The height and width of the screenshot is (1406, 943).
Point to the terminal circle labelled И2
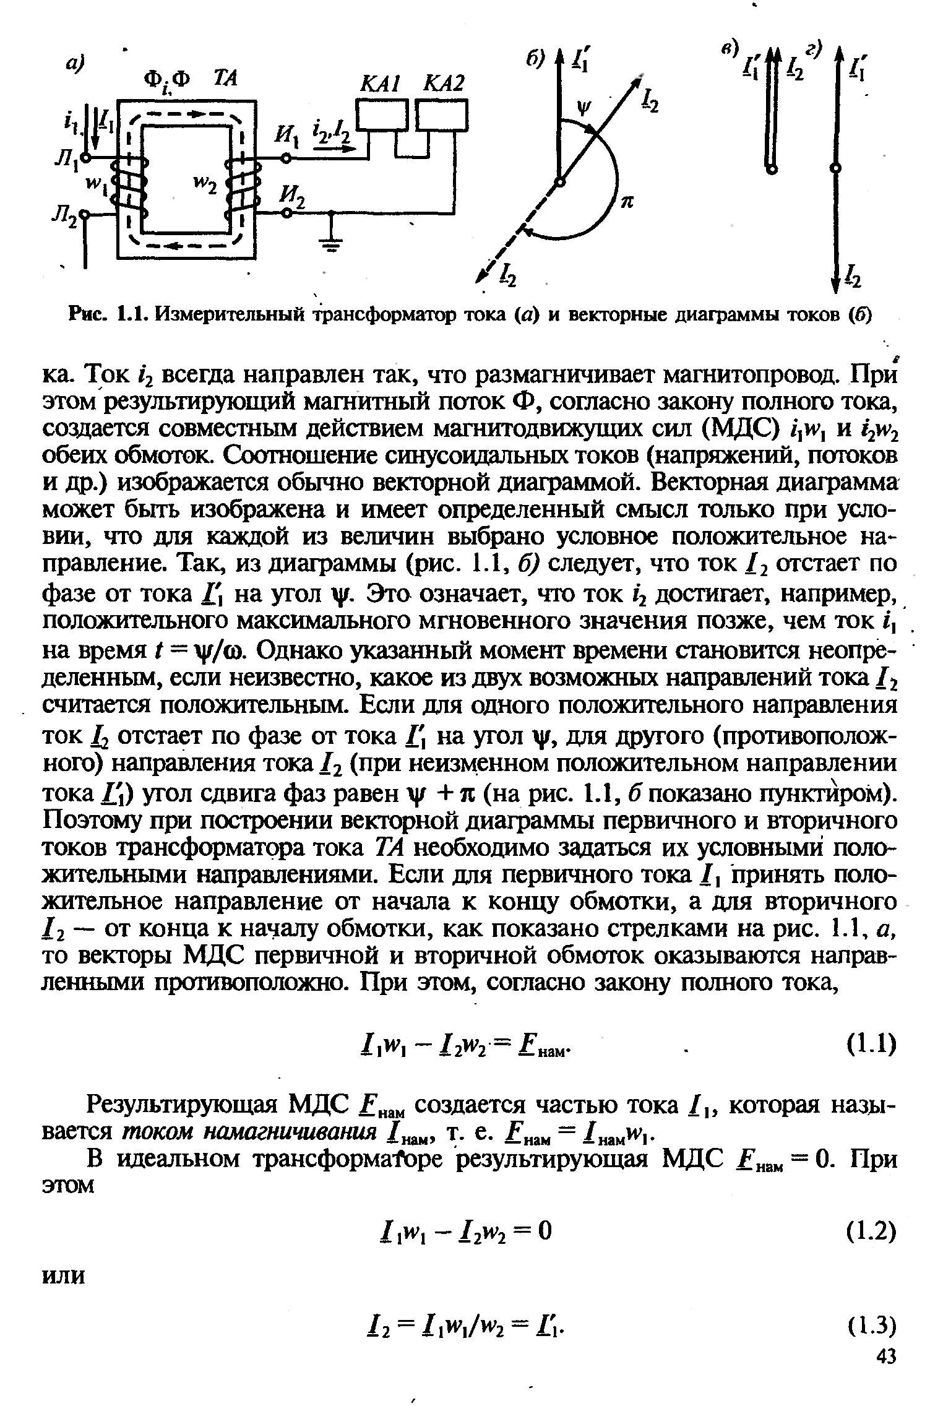point(286,212)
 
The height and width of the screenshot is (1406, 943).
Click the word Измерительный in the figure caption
point(230,316)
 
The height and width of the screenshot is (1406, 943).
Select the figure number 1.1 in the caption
point(132,316)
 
